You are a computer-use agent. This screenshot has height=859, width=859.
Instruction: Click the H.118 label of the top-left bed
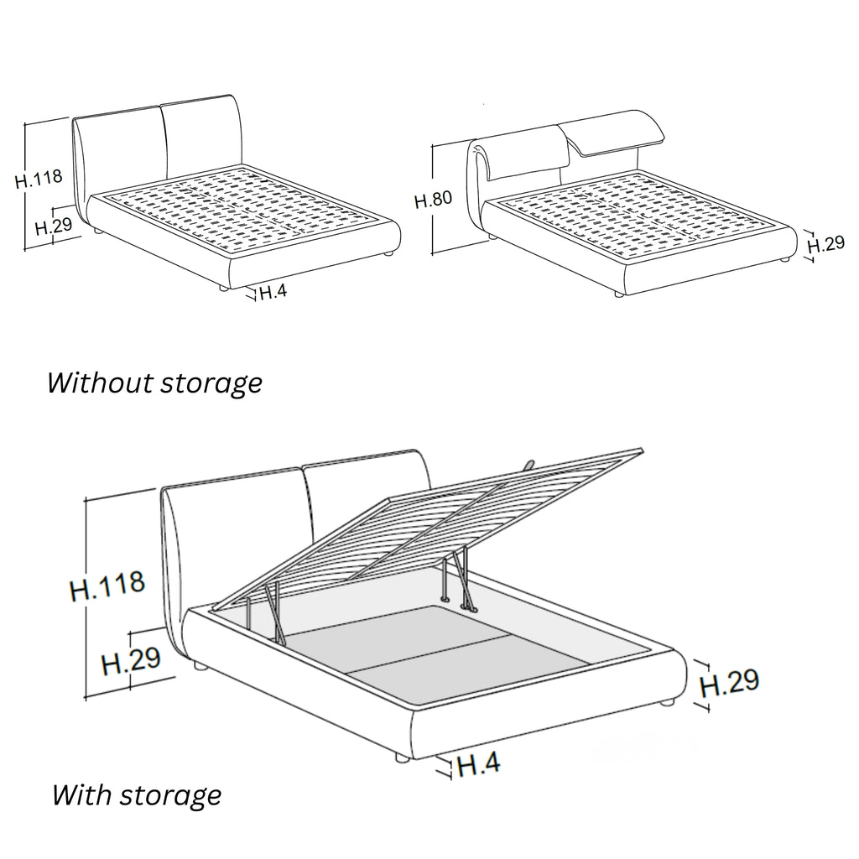pyautogui.click(x=39, y=179)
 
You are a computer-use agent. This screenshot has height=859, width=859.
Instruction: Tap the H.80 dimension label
pyautogui.click(x=434, y=200)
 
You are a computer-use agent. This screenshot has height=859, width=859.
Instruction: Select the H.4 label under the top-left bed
pyautogui.click(x=273, y=292)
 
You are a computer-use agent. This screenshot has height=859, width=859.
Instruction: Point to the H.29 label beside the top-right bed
pyautogui.click(x=826, y=244)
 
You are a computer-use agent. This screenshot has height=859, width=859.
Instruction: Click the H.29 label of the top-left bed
pyautogui.click(x=54, y=226)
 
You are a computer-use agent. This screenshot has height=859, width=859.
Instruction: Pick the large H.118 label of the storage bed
pyautogui.click(x=107, y=585)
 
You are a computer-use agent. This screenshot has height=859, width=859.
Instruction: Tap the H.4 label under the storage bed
pyautogui.click(x=478, y=763)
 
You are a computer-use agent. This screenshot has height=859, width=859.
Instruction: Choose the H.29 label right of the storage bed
pyautogui.click(x=730, y=683)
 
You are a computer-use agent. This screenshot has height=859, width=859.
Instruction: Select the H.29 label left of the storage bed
pyautogui.click(x=131, y=660)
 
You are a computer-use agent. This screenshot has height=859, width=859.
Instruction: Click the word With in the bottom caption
pyautogui.click(x=81, y=794)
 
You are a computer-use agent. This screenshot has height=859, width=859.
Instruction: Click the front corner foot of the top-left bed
pyautogui.click(x=223, y=287)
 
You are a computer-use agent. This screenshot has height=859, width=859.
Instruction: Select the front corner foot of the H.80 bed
pyautogui.click(x=618, y=294)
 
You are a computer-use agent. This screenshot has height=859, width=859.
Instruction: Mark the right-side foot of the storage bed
pyautogui.click(x=667, y=702)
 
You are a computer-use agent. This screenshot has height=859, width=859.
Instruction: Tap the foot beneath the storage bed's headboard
pyautogui.click(x=200, y=667)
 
